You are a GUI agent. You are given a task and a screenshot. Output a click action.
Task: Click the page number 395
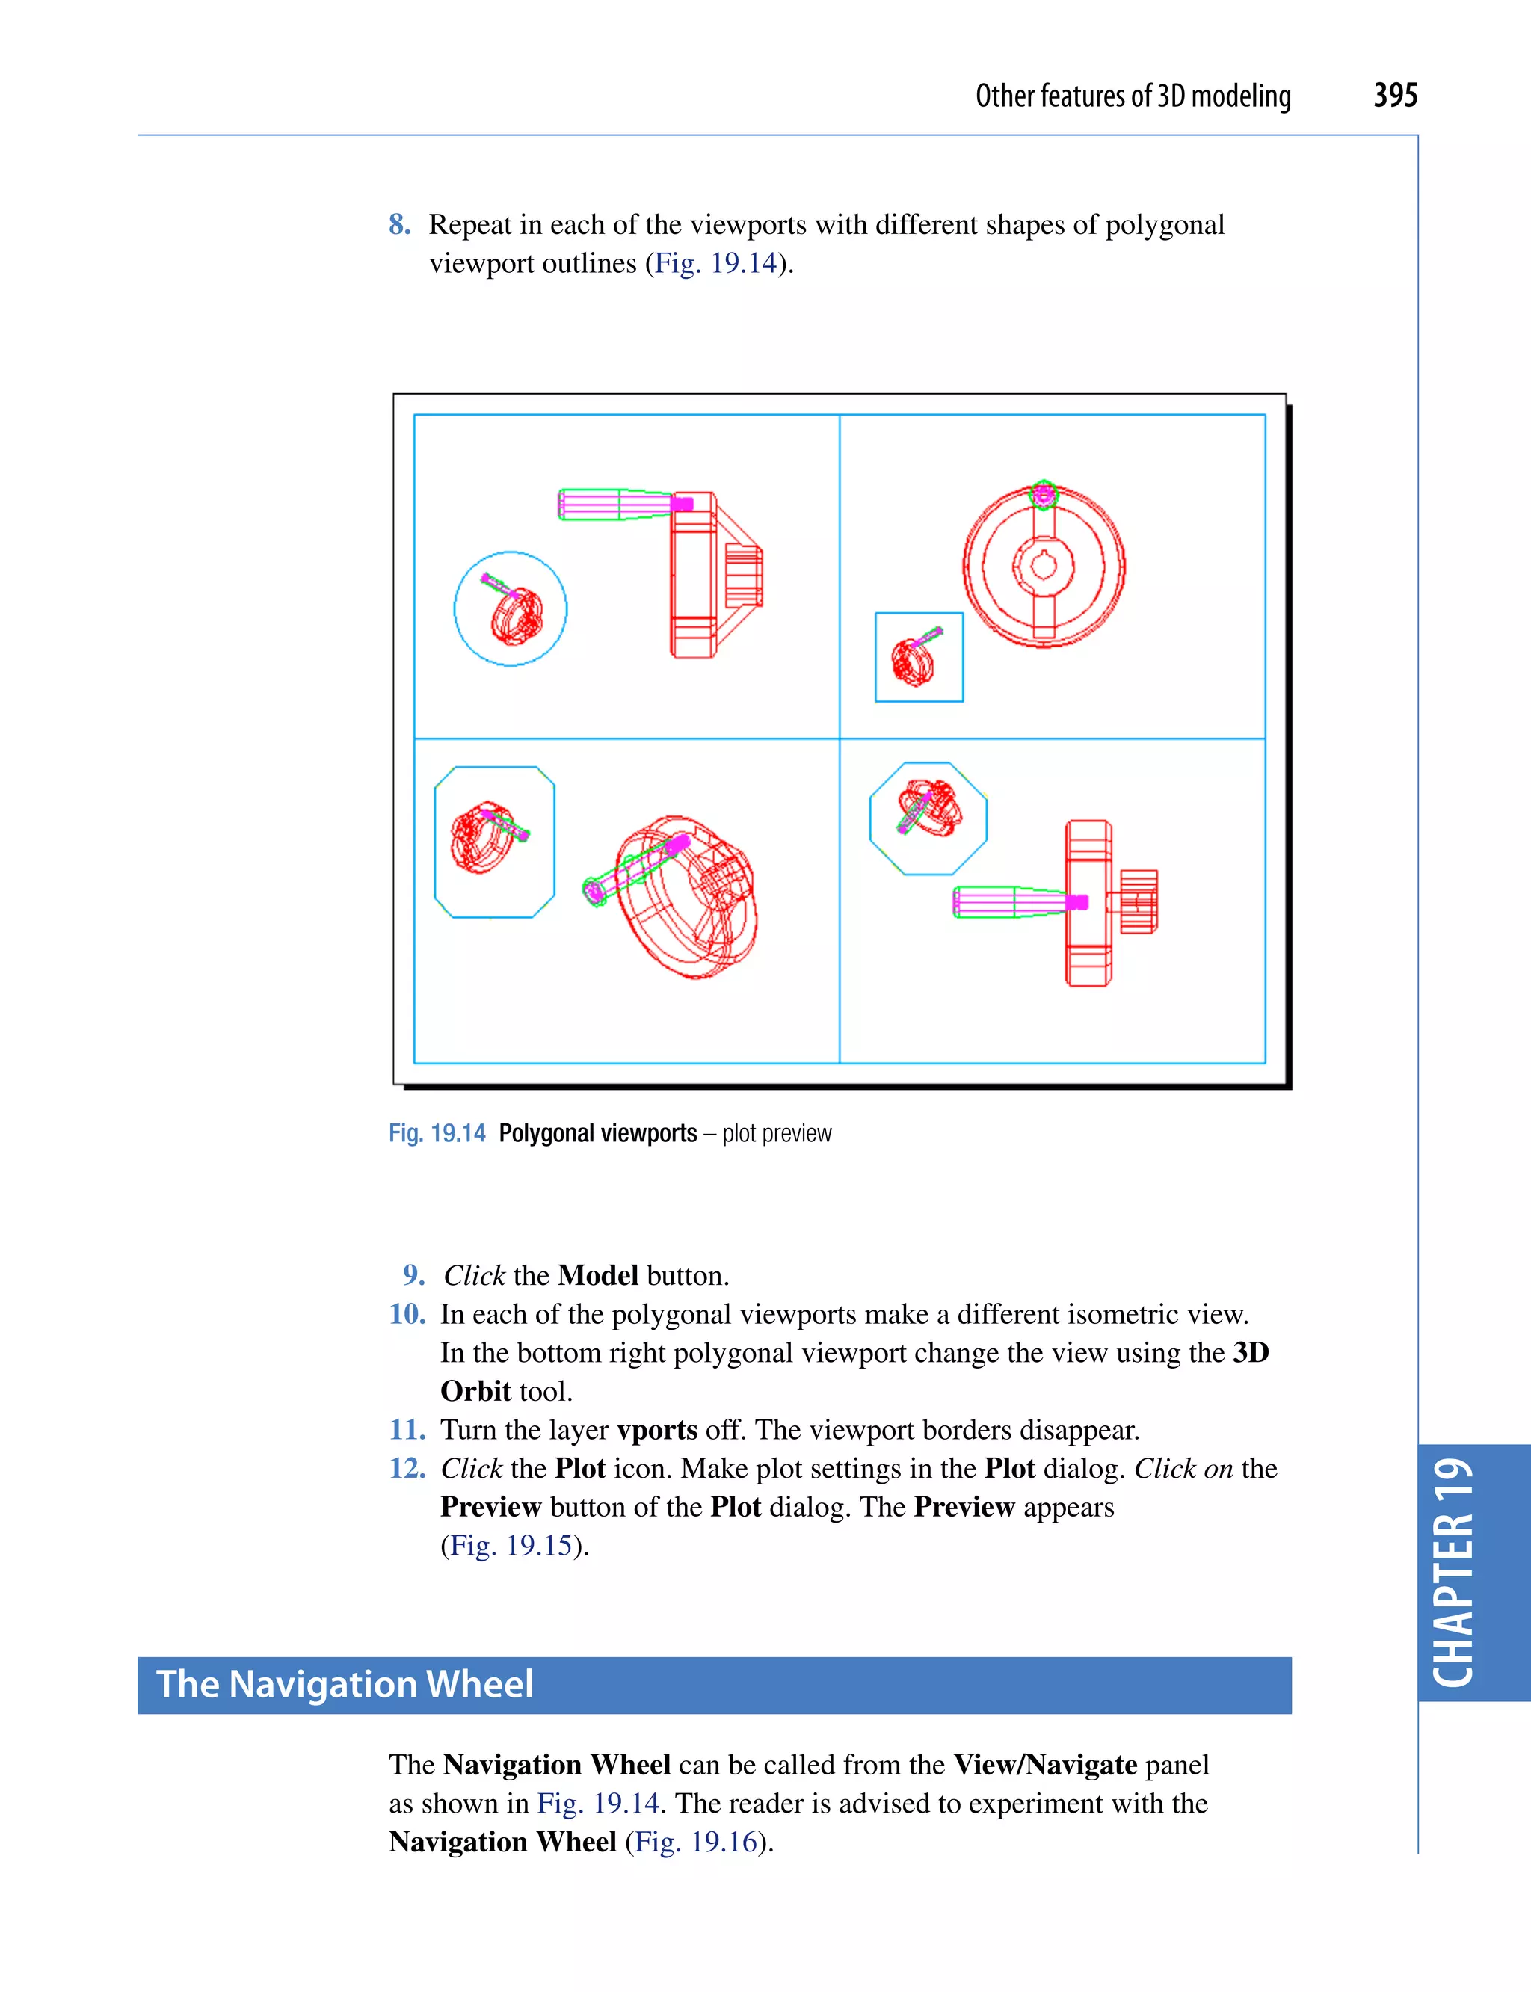pyautogui.click(x=1394, y=96)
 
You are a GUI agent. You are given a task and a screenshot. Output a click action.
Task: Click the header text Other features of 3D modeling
pyautogui.click(x=1133, y=96)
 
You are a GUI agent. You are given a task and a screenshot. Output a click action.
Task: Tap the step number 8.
pyautogui.click(x=398, y=224)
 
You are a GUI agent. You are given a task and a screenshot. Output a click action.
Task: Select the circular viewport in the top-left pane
pyautogui.click(x=511, y=608)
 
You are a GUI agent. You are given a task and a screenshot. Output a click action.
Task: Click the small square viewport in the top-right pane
pyautogui.click(x=919, y=657)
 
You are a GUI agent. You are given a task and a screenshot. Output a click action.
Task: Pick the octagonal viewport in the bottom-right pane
pyautogui.click(x=928, y=818)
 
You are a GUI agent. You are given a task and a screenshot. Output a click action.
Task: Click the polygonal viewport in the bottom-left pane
pyautogui.click(x=494, y=841)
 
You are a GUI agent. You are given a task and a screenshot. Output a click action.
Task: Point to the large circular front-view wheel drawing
pyautogui.click(x=1044, y=566)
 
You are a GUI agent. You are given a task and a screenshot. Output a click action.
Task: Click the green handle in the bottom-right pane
pyautogui.click(x=1002, y=902)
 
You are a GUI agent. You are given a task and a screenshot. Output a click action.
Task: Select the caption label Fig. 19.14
pyautogui.click(x=437, y=1132)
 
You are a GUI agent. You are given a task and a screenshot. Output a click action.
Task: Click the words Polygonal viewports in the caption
pyautogui.click(x=598, y=1132)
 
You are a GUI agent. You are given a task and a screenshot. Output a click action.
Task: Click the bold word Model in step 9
pyautogui.click(x=598, y=1275)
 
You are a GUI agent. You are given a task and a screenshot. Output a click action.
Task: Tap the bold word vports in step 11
pyautogui.click(x=657, y=1429)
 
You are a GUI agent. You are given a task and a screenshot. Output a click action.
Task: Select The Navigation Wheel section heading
pyautogui.click(x=345, y=1684)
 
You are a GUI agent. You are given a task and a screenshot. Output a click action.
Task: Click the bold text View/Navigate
pyautogui.click(x=1044, y=1764)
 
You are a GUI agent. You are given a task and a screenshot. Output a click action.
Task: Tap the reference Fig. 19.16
pyautogui.click(x=696, y=1841)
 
